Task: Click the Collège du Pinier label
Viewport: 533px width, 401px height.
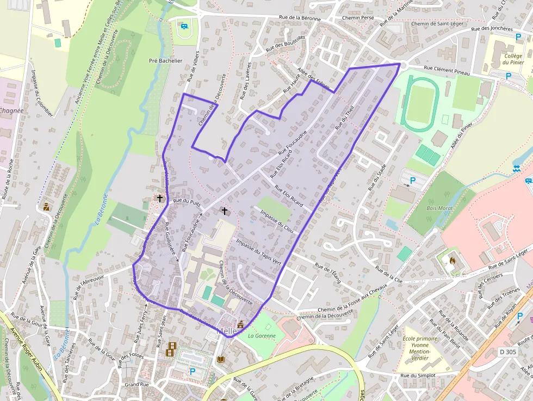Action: pyautogui.click(x=513, y=59)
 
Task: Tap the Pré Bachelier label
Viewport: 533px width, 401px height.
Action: pyautogui.click(x=166, y=61)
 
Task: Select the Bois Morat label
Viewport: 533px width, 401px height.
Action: pyautogui.click(x=439, y=208)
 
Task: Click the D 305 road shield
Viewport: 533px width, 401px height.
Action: pyautogui.click(x=509, y=352)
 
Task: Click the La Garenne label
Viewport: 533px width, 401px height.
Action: pyautogui.click(x=262, y=336)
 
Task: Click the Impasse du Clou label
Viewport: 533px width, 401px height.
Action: pyautogui.click(x=277, y=221)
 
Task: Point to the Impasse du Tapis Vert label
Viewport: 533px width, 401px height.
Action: pyautogui.click(x=258, y=251)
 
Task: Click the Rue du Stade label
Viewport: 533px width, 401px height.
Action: pyautogui.click(x=377, y=177)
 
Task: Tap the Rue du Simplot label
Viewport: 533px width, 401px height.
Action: pyautogui.click(x=418, y=375)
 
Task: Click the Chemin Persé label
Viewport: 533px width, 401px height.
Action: pyautogui.click(x=358, y=17)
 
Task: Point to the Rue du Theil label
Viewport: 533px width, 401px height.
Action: pyautogui.click(x=345, y=116)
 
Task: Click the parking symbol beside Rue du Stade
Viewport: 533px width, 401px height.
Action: pyautogui.click(x=412, y=180)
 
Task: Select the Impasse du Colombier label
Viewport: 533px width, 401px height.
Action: pyautogui.click(x=42, y=93)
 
